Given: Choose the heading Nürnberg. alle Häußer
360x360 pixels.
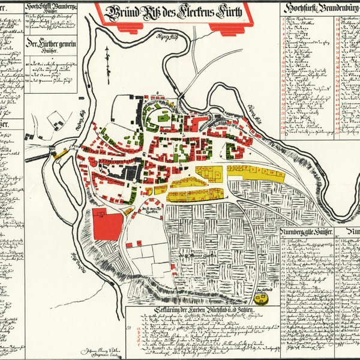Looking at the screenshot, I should pyautogui.click(x=309, y=230).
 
